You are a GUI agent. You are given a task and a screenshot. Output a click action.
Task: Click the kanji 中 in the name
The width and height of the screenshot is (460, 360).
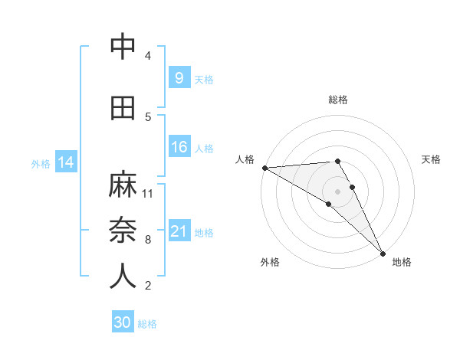point(122,47)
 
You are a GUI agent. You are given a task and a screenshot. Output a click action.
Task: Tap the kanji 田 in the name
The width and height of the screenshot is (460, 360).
point(122,108)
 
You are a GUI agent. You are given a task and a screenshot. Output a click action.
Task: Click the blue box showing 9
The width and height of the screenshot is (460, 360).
point(179,77)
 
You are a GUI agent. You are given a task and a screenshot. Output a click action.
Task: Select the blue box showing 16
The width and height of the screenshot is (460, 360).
point(179,147)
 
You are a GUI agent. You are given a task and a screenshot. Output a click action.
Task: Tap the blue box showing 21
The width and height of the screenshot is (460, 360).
point(179,231)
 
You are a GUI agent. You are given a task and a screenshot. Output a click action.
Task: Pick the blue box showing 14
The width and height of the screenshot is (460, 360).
point(66,162)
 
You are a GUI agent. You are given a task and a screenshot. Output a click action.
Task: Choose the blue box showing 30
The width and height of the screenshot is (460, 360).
point(123,322)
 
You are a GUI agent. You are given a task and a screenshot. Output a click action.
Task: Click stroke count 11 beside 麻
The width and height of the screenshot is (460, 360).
point(148,193)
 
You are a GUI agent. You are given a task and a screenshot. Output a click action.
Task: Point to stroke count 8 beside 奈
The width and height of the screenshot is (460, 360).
point(148,240)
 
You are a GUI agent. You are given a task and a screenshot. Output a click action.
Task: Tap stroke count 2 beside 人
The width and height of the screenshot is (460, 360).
point(148,286)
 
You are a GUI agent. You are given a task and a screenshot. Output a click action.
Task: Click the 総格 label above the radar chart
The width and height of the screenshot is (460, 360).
point(337,100)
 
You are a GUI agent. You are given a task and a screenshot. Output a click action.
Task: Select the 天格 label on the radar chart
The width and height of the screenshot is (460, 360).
point(431,159)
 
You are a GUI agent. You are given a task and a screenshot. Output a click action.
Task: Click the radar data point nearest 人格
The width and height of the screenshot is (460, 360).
point(264,167)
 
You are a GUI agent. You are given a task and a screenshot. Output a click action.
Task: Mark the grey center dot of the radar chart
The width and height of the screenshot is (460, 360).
point(337,190)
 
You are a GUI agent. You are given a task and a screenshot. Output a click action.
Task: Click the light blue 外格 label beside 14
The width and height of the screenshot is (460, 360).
point(41,163)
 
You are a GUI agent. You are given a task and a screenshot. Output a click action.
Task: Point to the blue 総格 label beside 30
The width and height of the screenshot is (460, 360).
point(147,324)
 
